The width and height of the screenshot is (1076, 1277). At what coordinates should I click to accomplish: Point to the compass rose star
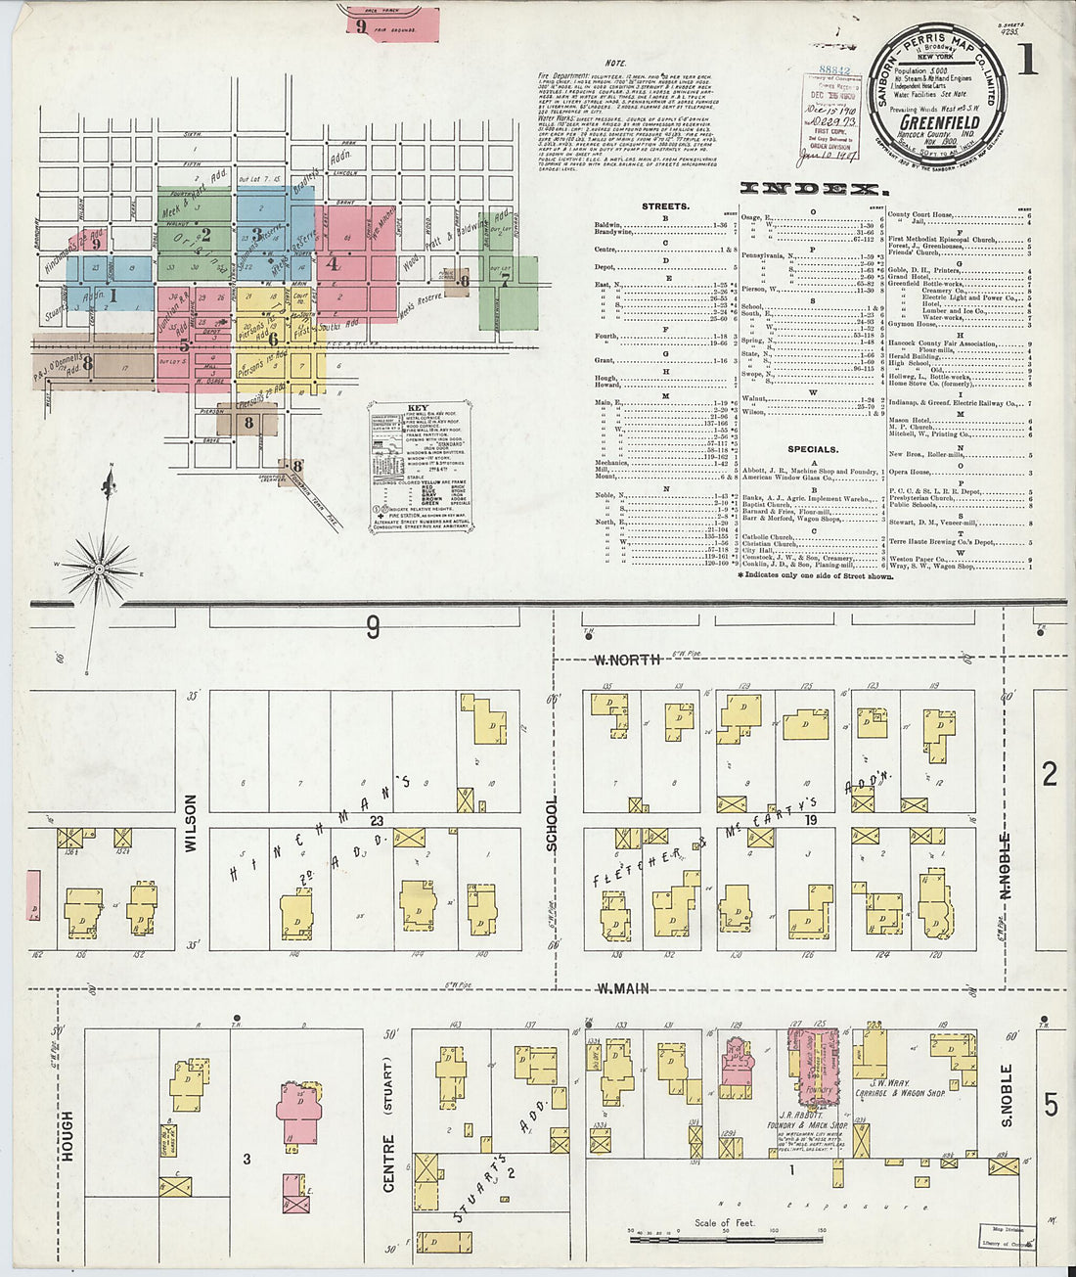tap(99, 567)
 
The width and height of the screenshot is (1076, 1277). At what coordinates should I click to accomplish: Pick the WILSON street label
tap(190, 824)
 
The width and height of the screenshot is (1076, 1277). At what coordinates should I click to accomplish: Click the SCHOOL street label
tap(551, 824)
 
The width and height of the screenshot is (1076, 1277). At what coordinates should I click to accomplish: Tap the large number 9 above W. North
tap(373, 627)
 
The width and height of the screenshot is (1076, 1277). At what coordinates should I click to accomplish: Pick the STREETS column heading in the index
tap(665, 207)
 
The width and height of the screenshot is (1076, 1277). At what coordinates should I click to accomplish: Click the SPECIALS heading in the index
tap(813, 449)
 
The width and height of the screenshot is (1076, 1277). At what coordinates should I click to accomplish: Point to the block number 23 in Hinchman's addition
tap(376, 822)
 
